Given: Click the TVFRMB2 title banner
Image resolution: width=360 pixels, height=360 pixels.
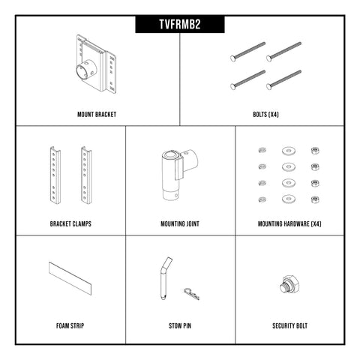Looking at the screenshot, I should pyautogui.click(x=179, y=25).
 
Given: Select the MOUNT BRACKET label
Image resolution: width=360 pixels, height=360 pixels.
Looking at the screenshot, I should pyautogui.click(x=97, y=115).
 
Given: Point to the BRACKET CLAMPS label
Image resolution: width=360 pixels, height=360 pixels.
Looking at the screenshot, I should pyautogui.click(x=71, y=223).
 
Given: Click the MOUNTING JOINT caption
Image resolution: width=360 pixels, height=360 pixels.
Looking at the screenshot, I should pyautogui.click(x=180, y=223).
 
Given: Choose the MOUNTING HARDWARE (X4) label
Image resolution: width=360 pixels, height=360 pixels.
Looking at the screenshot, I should pyautogui.click(x=289, y=223).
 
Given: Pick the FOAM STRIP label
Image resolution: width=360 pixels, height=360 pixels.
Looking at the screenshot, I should pyautogui.click(x=70, y=326).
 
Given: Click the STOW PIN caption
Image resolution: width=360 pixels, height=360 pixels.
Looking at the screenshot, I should pyautogui.click(x=180, y=326).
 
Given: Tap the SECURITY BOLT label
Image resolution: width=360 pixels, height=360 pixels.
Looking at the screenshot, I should pyautogui.click(x=289, y=326).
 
